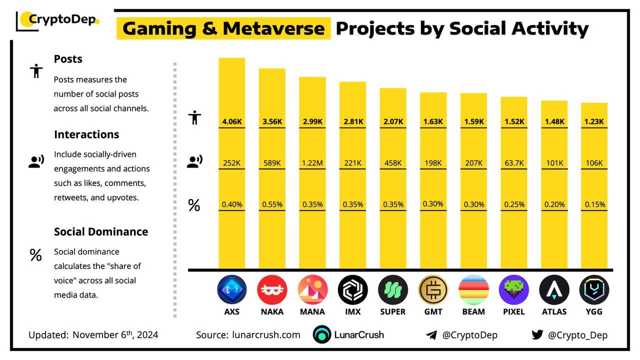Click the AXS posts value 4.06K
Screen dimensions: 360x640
coord(231,121)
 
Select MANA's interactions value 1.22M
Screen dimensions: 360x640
coord(312,163)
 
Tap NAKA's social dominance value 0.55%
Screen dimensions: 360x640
coord(272,204)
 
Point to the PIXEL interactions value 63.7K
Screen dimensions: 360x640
coord(514,163)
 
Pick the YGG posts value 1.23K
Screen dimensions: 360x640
coord(594,121)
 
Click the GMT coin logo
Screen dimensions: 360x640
coord(433,290)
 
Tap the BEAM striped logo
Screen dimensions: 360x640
coord(473,290)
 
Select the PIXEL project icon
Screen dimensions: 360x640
coord(514,290)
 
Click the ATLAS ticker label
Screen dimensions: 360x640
coord(554,311)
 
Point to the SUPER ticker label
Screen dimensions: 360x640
coord(392,311)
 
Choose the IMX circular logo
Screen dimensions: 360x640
coord(352,290)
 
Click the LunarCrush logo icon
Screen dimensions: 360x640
coord(322,334)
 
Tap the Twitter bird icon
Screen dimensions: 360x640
coord(537,334)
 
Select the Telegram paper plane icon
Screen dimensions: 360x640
coord(431,335)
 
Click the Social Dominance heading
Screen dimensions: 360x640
coord(101,231)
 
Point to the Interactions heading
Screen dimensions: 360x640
coord(86,134)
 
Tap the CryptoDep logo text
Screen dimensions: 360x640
coord(62,19)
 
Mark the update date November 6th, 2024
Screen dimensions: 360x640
coord(115,334)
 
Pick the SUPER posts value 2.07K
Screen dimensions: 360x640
coord(392,121)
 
